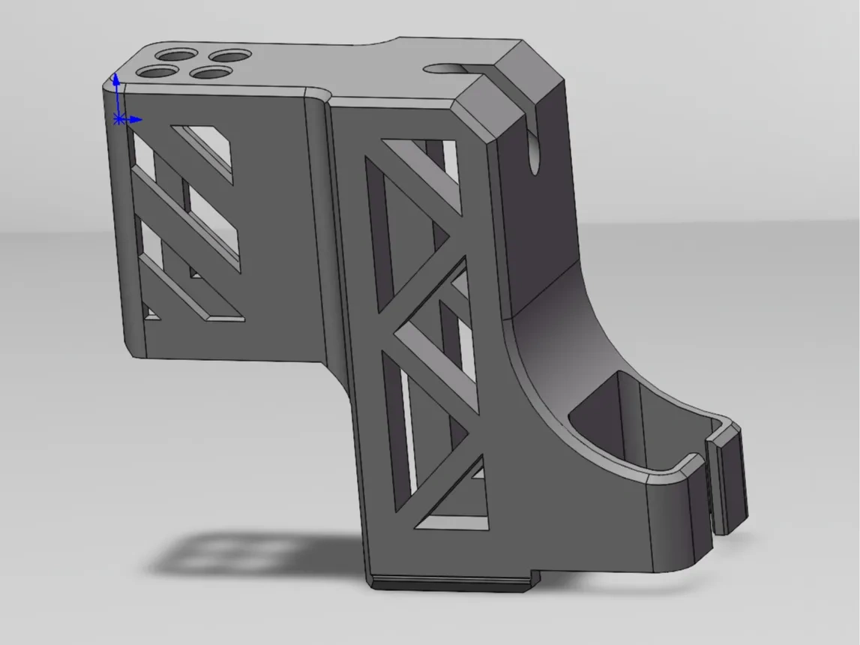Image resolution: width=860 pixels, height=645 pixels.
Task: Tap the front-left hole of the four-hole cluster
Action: pos(157,72)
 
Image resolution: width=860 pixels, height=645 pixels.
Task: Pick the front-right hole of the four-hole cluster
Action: pos(209,73)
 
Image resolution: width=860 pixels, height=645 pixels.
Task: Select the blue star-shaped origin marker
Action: pos(118,119)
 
